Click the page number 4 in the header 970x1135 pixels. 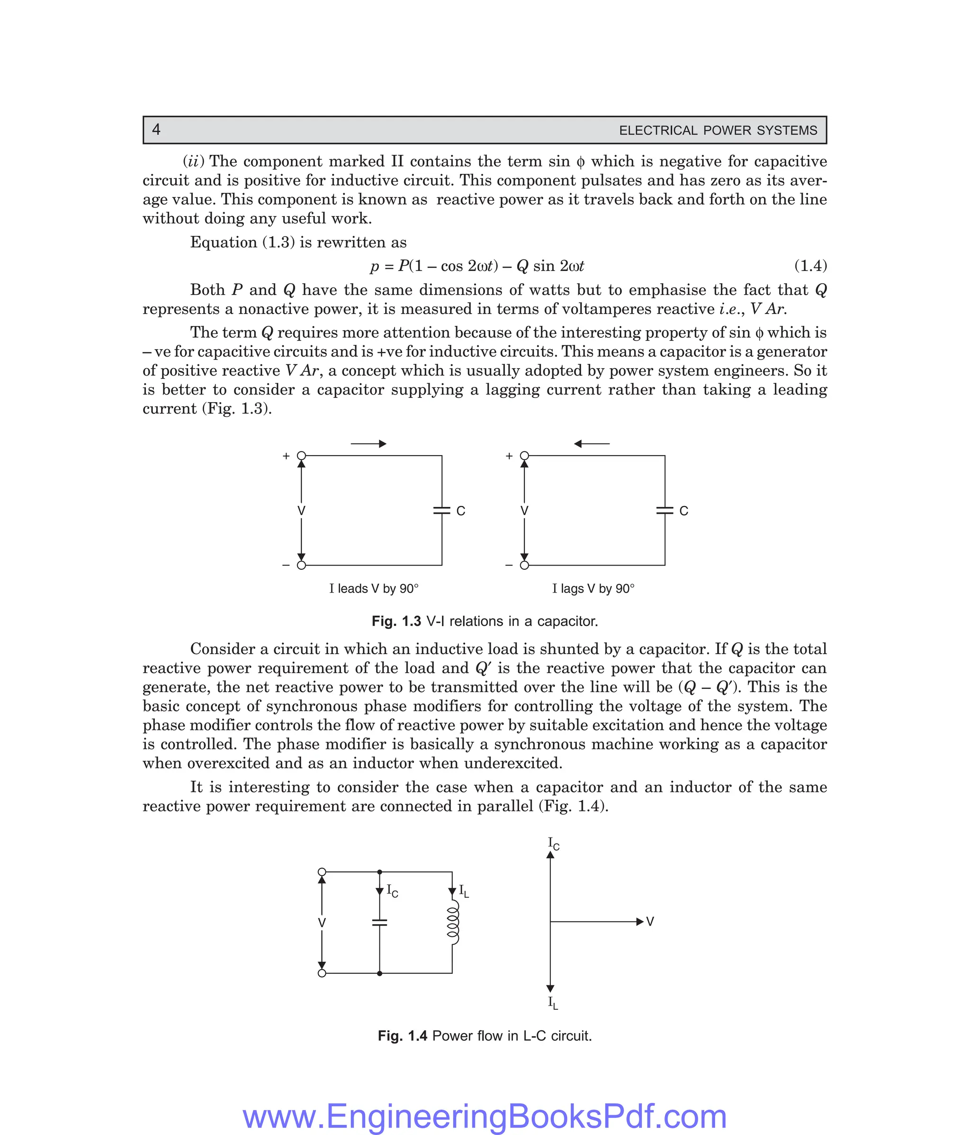(x=156, y=130)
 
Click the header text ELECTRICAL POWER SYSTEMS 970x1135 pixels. (x=718, y=130)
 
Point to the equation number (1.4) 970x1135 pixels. (x=810, y=266)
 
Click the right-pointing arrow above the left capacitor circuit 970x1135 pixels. (x=368, y=444)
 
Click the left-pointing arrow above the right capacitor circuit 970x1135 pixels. (x=592, y=444)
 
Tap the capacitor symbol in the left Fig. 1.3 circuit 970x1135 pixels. (x=441, y=511)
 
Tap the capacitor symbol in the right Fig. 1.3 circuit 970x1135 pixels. (x=665, y=511)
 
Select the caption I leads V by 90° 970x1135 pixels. (x=374, y=589)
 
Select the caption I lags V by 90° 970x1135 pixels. (x=593, y=589)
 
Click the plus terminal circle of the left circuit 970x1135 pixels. (x=301, y=456)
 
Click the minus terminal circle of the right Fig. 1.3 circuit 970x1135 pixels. (x=524, y=565)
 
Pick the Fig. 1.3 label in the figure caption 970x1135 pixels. (x=396, y=622)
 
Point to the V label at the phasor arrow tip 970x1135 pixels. (x=650, y=922)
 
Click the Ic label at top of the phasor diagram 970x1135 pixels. (x=553, y=844)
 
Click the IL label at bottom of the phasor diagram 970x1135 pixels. (x=553, y=1003)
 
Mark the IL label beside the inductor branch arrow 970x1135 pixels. (x=463, y=891)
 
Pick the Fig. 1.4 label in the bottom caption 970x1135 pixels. (x=402, y=1036)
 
